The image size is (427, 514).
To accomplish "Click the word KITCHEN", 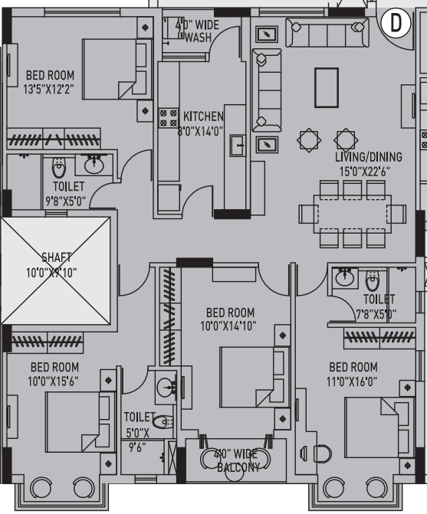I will coord(203,116).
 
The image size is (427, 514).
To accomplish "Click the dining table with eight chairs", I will coord(353,213).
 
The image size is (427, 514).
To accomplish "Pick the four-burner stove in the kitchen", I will coord(167,118).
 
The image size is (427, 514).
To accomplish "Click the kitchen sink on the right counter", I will coord(237,144).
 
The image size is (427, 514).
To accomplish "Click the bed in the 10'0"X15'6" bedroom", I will coord(74,421).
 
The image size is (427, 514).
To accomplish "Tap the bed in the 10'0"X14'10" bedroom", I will coord(246,375).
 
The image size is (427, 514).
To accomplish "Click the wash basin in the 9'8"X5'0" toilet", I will coord(95,164).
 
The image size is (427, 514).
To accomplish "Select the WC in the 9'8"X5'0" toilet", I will coord(59,167).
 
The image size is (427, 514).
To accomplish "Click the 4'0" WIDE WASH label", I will coord(197,31).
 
